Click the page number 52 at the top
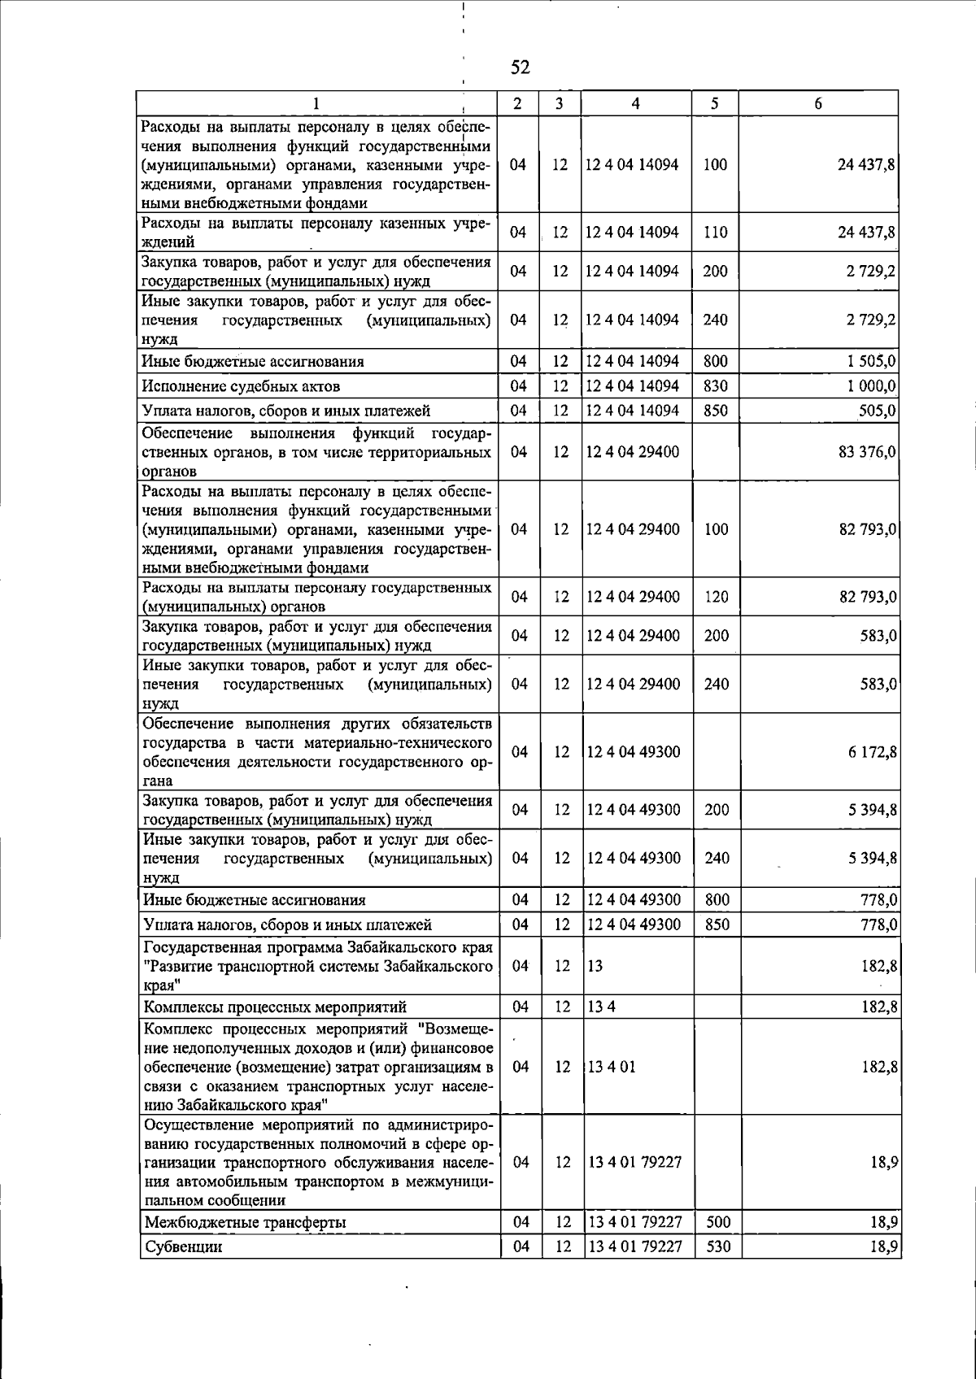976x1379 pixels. point(521,67)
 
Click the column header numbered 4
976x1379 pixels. point(635,103)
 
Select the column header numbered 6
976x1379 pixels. point(818,103)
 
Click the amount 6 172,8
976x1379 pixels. point(872,752)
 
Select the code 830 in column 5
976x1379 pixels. point(716,386)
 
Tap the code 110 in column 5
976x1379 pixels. point(716,233)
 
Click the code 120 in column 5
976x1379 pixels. point(717,598)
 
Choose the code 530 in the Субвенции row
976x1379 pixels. point(718,1246)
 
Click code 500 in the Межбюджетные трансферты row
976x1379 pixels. point(718,1222)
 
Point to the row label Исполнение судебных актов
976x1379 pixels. point(242,386)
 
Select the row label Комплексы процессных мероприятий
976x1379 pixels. point(275,1008)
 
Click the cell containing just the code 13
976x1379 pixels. point(595,966)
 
